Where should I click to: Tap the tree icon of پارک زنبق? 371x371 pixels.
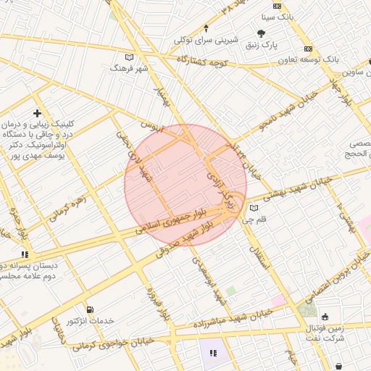(261, 33)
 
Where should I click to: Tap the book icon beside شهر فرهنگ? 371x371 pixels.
(129, 57)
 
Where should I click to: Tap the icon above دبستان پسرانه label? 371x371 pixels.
(25, 254)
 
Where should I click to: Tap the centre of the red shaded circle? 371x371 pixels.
(185, 185)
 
